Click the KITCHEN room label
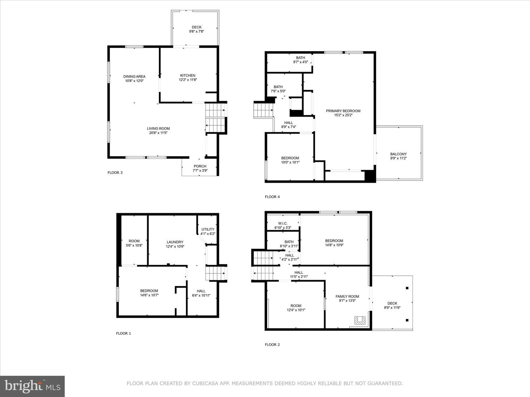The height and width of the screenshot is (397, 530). coord(188,76)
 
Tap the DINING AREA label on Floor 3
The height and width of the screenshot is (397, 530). coord(134,76)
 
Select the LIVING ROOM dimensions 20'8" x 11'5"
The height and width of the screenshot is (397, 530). coord(158,133)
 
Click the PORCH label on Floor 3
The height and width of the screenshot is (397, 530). coord(200,166)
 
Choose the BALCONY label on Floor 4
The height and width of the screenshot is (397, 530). coord(398,154)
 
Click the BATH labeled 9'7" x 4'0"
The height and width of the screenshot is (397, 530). coord(300,58)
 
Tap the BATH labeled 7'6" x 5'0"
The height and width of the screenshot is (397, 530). coord(278,87)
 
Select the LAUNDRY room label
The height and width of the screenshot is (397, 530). coord(175,242)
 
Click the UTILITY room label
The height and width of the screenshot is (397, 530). coord(208,229)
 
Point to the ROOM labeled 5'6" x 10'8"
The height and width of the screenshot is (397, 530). coord(134,241)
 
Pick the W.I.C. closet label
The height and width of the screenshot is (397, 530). coord(283,223)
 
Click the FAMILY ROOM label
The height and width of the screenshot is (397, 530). coord(347,296)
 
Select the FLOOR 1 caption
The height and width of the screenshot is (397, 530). coord(123,333)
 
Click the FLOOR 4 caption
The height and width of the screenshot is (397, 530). coord(272,197)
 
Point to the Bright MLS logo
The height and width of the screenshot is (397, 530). coord(32,386)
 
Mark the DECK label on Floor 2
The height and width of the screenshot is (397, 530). coord(392,303)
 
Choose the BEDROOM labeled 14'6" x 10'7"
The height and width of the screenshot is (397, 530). coord(149,291)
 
